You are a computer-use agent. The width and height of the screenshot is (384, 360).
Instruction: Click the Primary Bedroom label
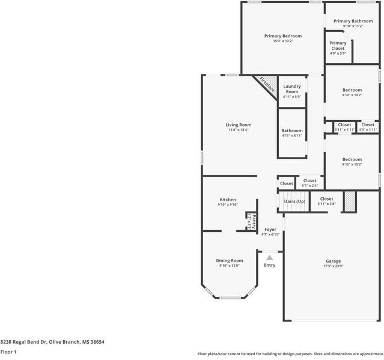(x=282, y=36)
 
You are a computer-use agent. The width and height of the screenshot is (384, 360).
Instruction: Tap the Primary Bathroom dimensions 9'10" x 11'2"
(x=353, y=26)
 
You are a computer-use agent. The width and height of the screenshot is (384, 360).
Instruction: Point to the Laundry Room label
(x=292, y=89)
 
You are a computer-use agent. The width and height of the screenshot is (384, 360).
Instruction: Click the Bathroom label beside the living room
(x=292, y=130)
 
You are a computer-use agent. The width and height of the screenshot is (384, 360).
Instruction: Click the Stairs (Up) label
(x=294, y=201)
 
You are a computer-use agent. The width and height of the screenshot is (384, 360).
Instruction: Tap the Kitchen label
(x=228, y=200)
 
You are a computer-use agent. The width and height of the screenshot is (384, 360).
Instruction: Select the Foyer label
(x=270, y=229)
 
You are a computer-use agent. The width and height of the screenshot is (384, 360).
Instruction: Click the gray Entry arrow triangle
(x=269, y=257)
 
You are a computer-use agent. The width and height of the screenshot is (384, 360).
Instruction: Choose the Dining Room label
(x=230, y=260)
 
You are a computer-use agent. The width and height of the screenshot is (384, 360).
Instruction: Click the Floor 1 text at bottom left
(x=8, y=352)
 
